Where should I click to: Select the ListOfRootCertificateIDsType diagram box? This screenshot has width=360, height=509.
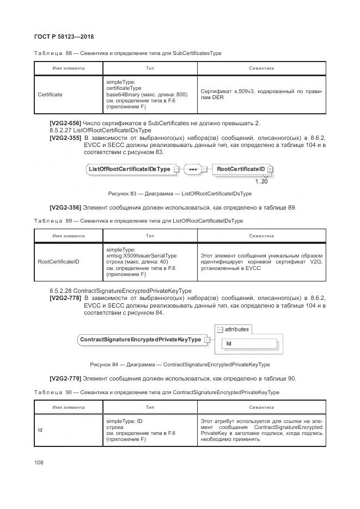(x=129, y=169)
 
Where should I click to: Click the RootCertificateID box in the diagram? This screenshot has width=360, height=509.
(x=240, y=169)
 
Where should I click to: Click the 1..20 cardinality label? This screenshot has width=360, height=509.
(x=261, y=181)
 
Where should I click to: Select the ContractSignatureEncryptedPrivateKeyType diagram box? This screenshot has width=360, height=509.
(x=141, y=340)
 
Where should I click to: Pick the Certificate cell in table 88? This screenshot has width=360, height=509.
(x=50, y=95)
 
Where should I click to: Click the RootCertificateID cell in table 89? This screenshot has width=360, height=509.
(x=58, y=262)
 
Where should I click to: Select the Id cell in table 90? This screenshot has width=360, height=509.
(x=40, y=430)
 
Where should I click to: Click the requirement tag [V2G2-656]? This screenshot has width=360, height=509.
(x=65, y=123)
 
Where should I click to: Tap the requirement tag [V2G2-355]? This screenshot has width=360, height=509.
(x=65, y=138)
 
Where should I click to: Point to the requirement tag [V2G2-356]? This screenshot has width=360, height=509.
(x=65, y=207)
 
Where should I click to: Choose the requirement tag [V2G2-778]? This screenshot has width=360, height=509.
(x=65, y=298)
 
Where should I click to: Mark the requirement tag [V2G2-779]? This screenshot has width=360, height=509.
(x=65, y=378)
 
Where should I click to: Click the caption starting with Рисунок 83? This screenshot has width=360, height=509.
(x=180, y=193)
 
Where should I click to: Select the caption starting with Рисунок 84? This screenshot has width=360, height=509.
(x=180, y=364)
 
